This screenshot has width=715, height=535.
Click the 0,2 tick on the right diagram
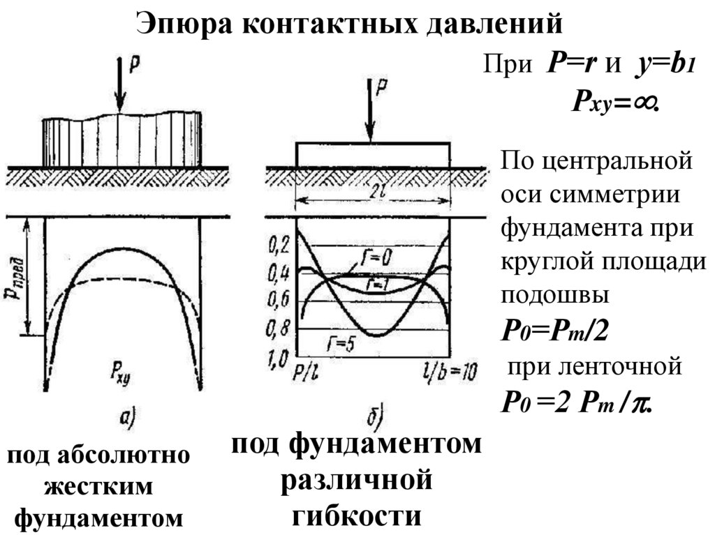click(x=279, y=245)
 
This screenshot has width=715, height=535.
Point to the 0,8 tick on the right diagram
click(x=279, y=329)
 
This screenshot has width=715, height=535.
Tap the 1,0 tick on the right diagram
click(x=279, y=360)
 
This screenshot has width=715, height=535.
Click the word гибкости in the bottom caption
click(x=357, y=515)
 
